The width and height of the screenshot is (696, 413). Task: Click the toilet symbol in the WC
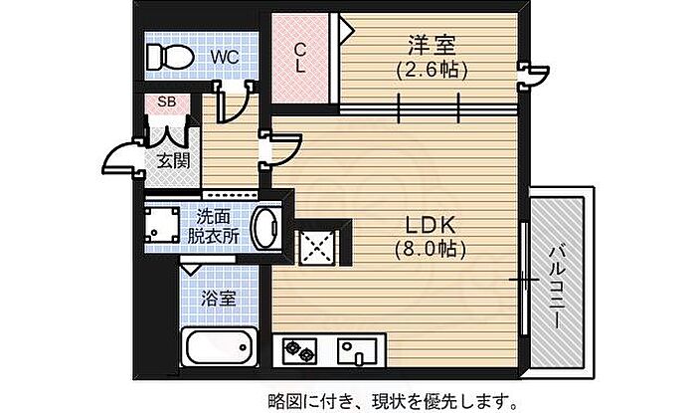tap(169, 57)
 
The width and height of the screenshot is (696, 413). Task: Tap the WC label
tap(225, 57)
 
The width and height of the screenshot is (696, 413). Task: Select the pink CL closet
tap(300, 58)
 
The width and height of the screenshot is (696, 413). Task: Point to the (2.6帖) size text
tap(432, 70)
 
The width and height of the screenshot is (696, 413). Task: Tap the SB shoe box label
tap(167, 102)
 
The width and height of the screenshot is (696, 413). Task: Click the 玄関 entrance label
tap(174, 161)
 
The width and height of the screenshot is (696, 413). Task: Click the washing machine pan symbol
tap(162, 224)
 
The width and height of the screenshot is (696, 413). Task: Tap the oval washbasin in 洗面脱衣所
tap(265, 226)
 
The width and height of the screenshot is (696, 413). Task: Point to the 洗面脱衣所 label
tap(213, 227)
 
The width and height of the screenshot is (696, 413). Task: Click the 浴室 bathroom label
tap(218, 299)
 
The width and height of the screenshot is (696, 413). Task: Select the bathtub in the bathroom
tap(220, 347)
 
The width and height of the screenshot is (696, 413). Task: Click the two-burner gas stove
tap(299, 348)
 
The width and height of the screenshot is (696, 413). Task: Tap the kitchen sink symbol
tap(357, 350)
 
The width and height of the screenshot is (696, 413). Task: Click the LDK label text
tap(431, 226)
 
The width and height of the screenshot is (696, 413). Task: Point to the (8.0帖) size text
tap(431, 250)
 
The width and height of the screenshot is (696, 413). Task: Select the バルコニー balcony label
tap(558, 288)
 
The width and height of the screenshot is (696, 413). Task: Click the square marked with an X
tap(319, 247)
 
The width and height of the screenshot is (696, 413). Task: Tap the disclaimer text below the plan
tap(393, 401)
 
